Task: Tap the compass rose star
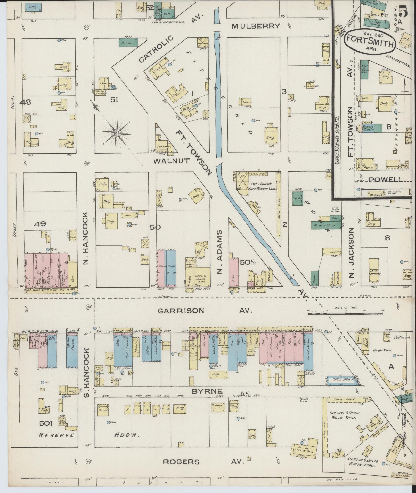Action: click(117, 133)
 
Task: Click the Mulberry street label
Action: click(256, 26)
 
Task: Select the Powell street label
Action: click(386, 180)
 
